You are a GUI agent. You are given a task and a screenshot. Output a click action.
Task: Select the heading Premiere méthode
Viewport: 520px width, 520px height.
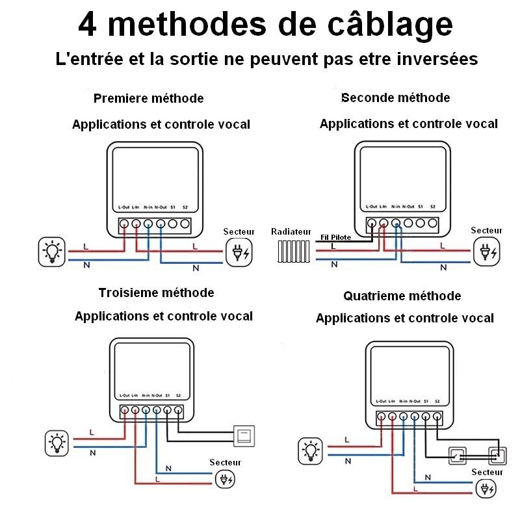148,98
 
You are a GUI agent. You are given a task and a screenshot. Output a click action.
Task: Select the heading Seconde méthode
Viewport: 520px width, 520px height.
395,97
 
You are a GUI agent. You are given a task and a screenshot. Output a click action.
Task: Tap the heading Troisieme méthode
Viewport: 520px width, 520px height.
156,292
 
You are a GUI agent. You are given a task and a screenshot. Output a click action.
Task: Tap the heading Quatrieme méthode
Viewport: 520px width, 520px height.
402,296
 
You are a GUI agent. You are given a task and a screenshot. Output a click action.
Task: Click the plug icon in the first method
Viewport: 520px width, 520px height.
239,252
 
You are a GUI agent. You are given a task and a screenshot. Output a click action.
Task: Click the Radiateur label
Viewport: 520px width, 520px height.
291,231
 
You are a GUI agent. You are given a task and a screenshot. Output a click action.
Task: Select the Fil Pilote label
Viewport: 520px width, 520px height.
336,237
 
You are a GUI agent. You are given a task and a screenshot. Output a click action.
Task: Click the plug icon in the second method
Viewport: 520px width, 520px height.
486,252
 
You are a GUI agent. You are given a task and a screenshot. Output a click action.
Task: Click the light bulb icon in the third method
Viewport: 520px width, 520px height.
58,443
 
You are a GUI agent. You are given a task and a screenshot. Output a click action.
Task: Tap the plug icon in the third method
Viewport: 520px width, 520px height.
226,480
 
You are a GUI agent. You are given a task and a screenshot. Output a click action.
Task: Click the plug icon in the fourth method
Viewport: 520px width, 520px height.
486,489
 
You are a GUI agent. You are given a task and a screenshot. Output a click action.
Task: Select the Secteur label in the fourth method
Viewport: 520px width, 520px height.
487,472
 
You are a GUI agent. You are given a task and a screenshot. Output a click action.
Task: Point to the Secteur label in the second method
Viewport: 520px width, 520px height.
486,230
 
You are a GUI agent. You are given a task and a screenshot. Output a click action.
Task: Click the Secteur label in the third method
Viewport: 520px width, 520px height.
225,462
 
